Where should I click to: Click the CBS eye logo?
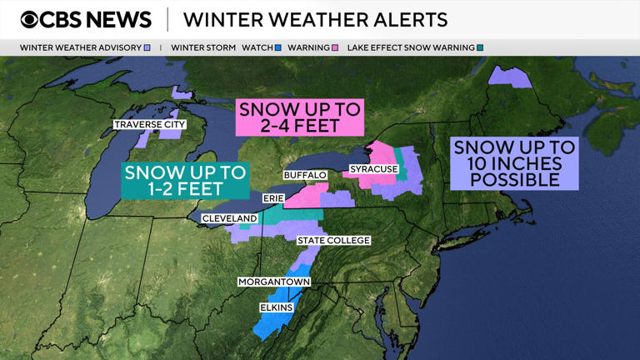click(31, 19)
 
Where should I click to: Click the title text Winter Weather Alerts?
click(315, 19)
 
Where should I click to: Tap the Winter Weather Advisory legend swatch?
click(147, 48)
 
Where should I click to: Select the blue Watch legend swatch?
click(278, 48)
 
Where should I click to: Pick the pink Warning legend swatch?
click(334, 48)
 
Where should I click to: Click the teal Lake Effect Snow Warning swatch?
click(480, 48)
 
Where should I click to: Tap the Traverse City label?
click(150, 125)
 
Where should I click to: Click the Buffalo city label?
click(304, 175)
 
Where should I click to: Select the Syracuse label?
click(373, 170)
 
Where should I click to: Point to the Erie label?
click(273, 198)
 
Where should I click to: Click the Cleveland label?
click(229, 218)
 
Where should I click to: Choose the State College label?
click(333, 241)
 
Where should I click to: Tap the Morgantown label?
click(274, 282)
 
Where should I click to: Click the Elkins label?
click(276, 307)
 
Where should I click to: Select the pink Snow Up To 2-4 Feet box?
click(301, 117)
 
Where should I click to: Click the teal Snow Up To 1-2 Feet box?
click(185, 180)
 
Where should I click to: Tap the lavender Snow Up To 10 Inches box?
click(514, 163)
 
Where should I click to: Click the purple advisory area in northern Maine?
click(510, 76)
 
